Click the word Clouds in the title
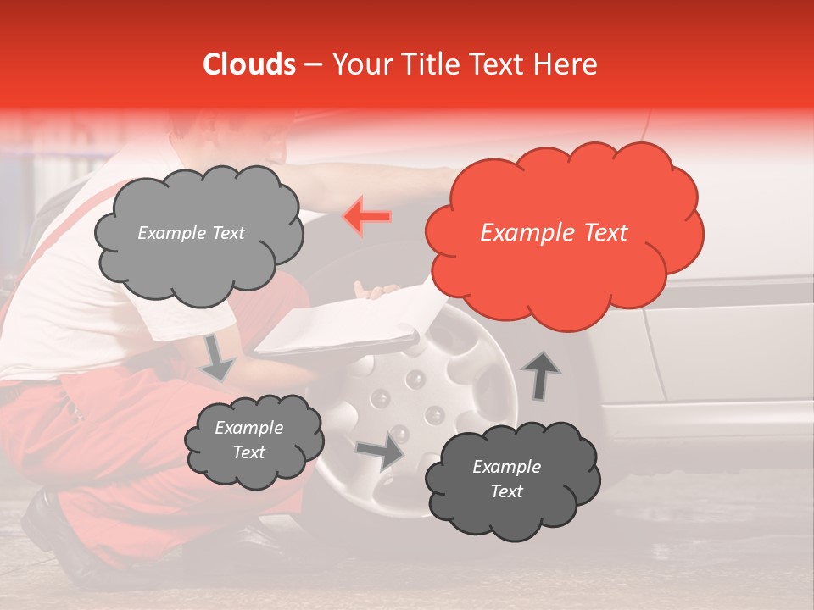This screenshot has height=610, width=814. pyautogui.click(x=249, y=64)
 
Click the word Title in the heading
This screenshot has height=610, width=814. pyautogui.click(x=432, y=64)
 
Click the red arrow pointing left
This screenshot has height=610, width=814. pyautogui.click(x=367, y=217)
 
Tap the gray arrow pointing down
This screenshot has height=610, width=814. pyautogui.click(x=218, y=357)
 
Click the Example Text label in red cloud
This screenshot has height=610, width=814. pyautogui.click(x=554, y=233)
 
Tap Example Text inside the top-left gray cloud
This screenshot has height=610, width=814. pyautogui.click(x=191, y=233)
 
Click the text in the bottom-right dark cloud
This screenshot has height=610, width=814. pyautogui.click(x=506, y=479)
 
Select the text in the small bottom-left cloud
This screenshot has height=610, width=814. pyautogui.click(x=248, y=440)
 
